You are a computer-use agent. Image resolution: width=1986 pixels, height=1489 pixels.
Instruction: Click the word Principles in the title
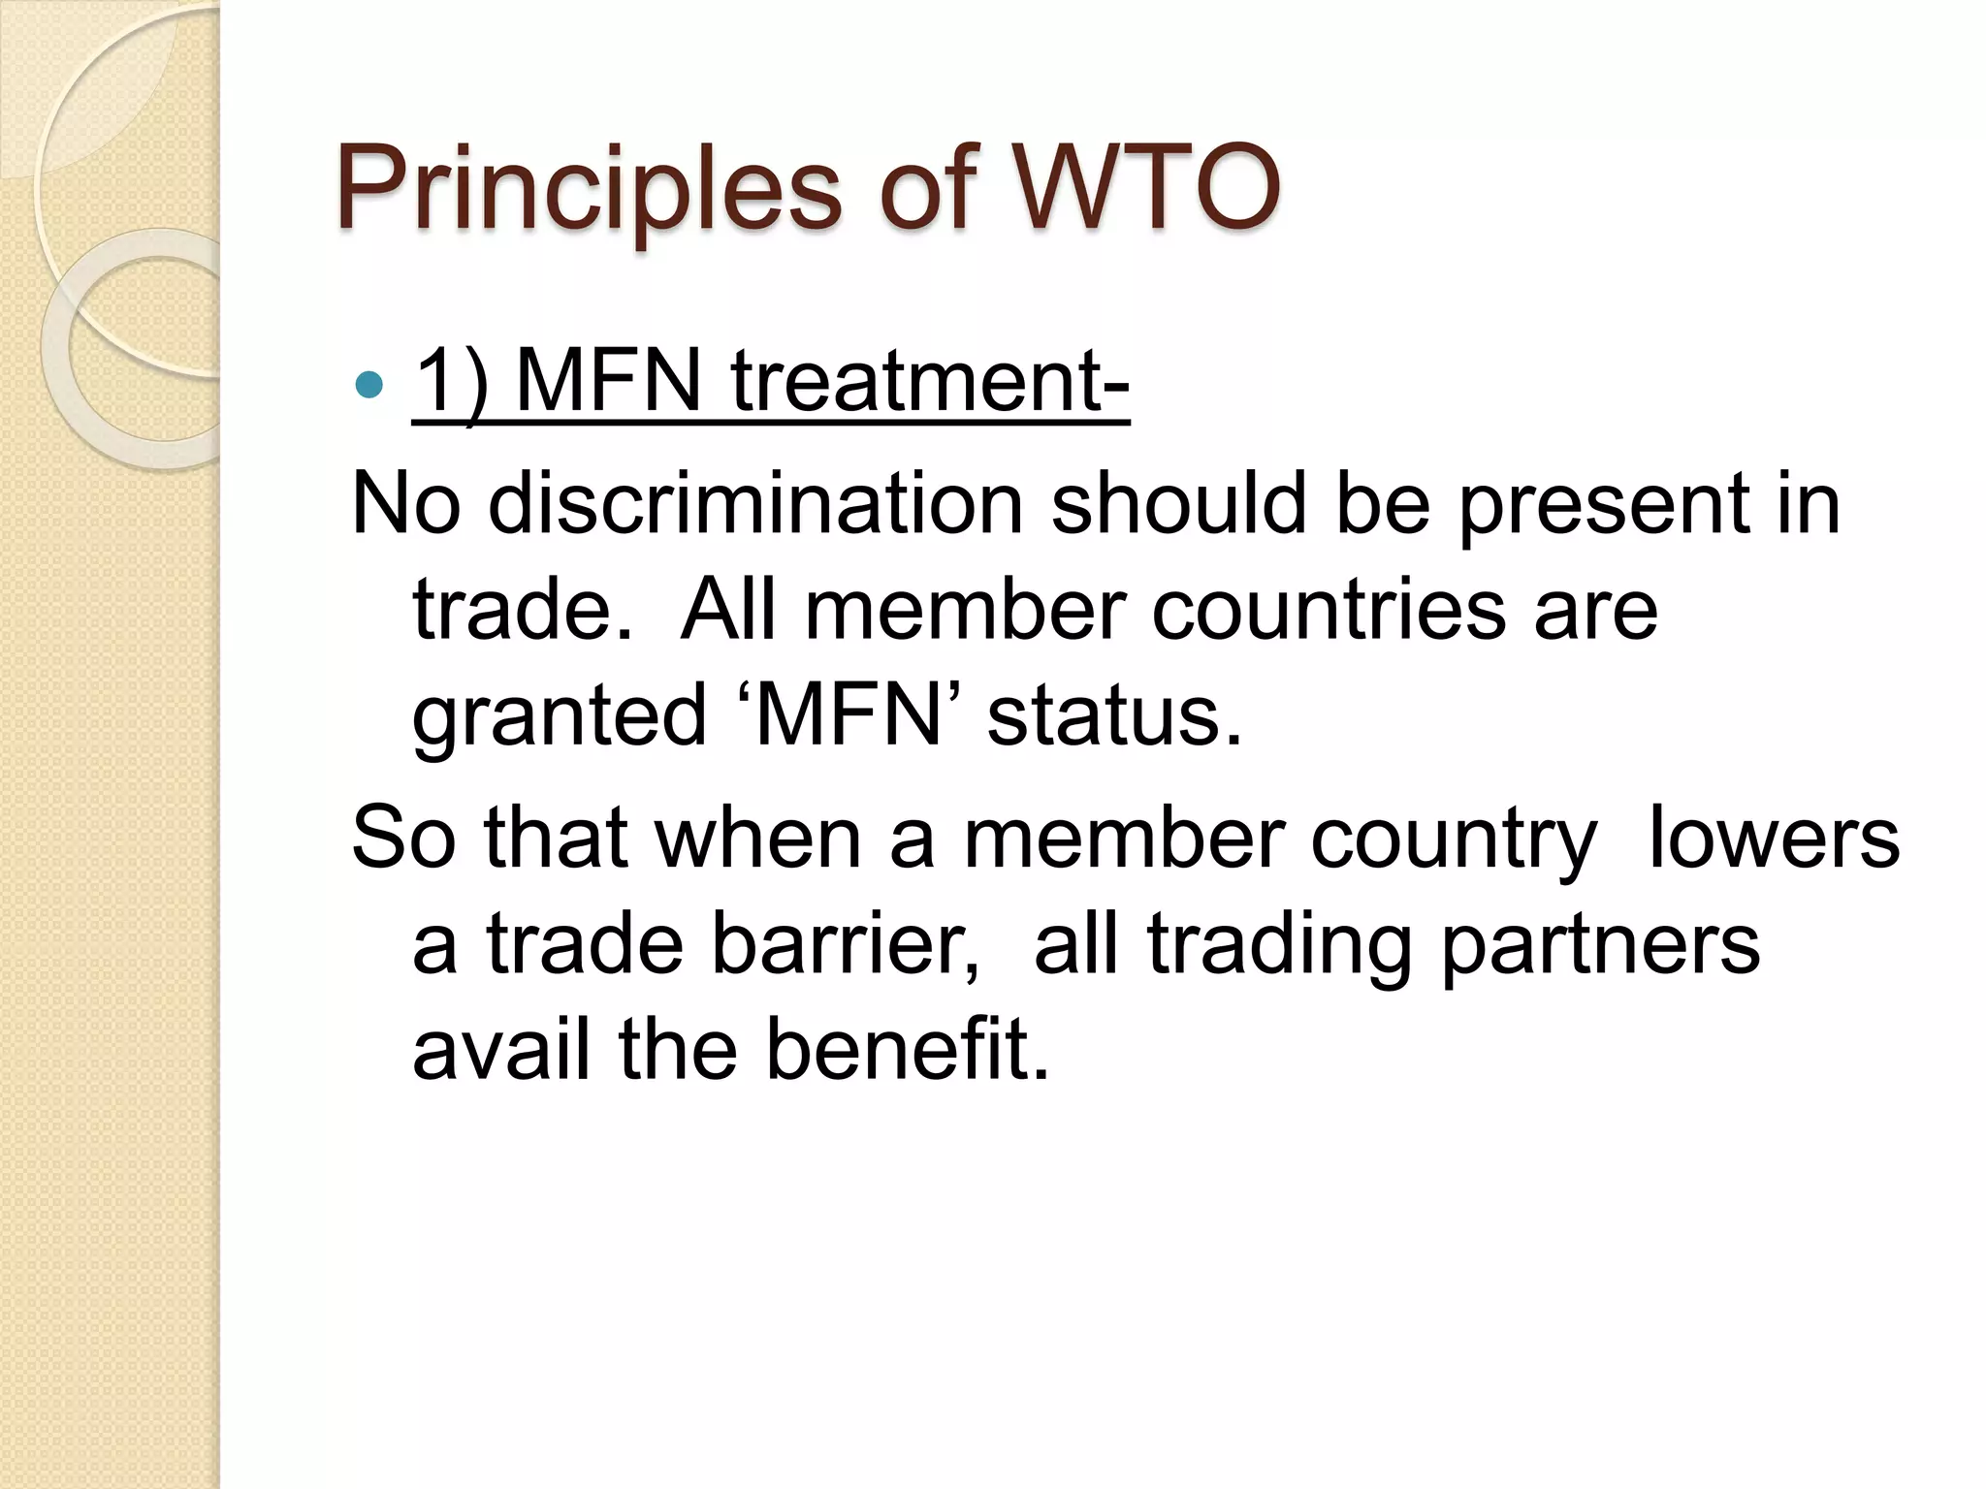click(588, 189)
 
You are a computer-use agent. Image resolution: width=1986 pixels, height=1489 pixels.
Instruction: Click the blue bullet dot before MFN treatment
click(369, 385)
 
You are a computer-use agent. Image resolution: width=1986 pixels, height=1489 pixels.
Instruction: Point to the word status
click(1114, 717)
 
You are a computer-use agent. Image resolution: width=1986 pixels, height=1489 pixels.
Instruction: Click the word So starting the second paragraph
click(403, 838)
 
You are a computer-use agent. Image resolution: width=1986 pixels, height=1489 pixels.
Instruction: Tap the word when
click(758, 838)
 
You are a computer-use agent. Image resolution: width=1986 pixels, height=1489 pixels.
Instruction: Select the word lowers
click(1774, 838)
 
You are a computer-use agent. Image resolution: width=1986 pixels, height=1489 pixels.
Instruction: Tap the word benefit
click(908, 1049)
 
